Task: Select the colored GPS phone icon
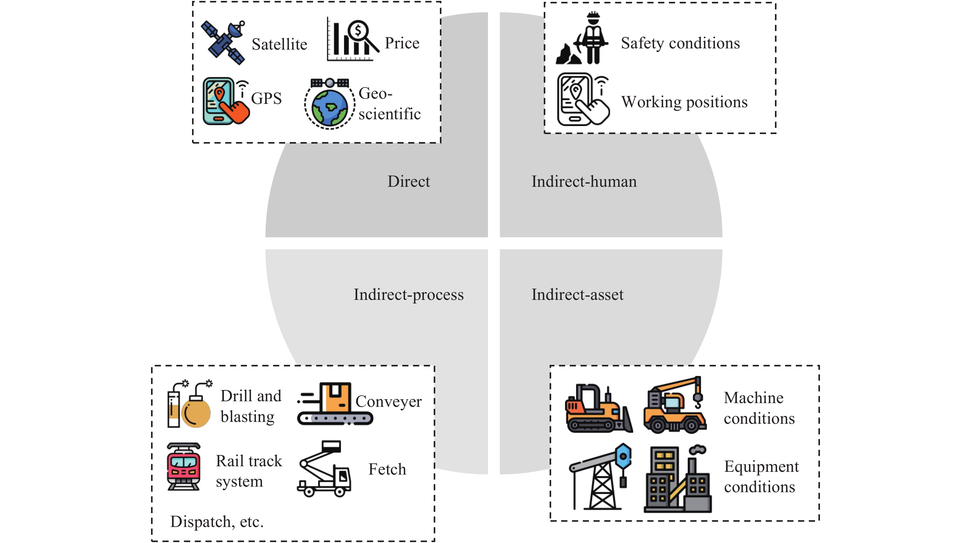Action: coord(225,101)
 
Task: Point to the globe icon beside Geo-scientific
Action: coord(330,104)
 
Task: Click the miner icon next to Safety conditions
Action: coord(583,39)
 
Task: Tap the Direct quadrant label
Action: coord(409,182)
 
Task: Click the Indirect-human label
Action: coord(584,182)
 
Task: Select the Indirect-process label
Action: coord(409,295)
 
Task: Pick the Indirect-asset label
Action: coord(577,295)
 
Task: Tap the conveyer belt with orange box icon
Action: coord(335,404)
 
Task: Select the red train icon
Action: coord(184,467)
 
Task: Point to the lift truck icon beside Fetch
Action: coord(325,469)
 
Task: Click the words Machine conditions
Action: coord(759,408)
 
